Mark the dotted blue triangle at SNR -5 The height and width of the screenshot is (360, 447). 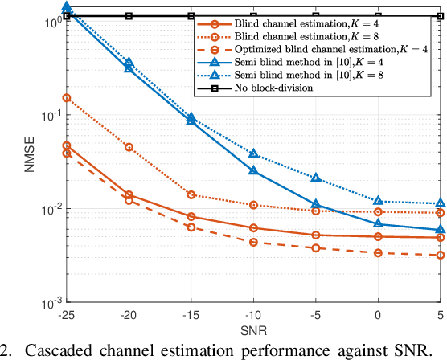click(316, 178)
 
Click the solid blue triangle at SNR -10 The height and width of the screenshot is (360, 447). click(253, 170)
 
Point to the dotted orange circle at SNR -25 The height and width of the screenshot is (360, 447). click(66, 98)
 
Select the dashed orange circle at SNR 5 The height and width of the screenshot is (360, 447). click(441, 256)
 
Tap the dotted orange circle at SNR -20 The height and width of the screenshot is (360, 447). click(129, 147)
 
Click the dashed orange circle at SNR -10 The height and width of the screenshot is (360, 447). click(253, 242)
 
